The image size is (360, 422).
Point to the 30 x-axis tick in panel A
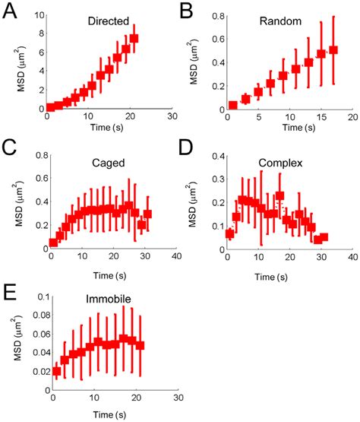172,116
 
